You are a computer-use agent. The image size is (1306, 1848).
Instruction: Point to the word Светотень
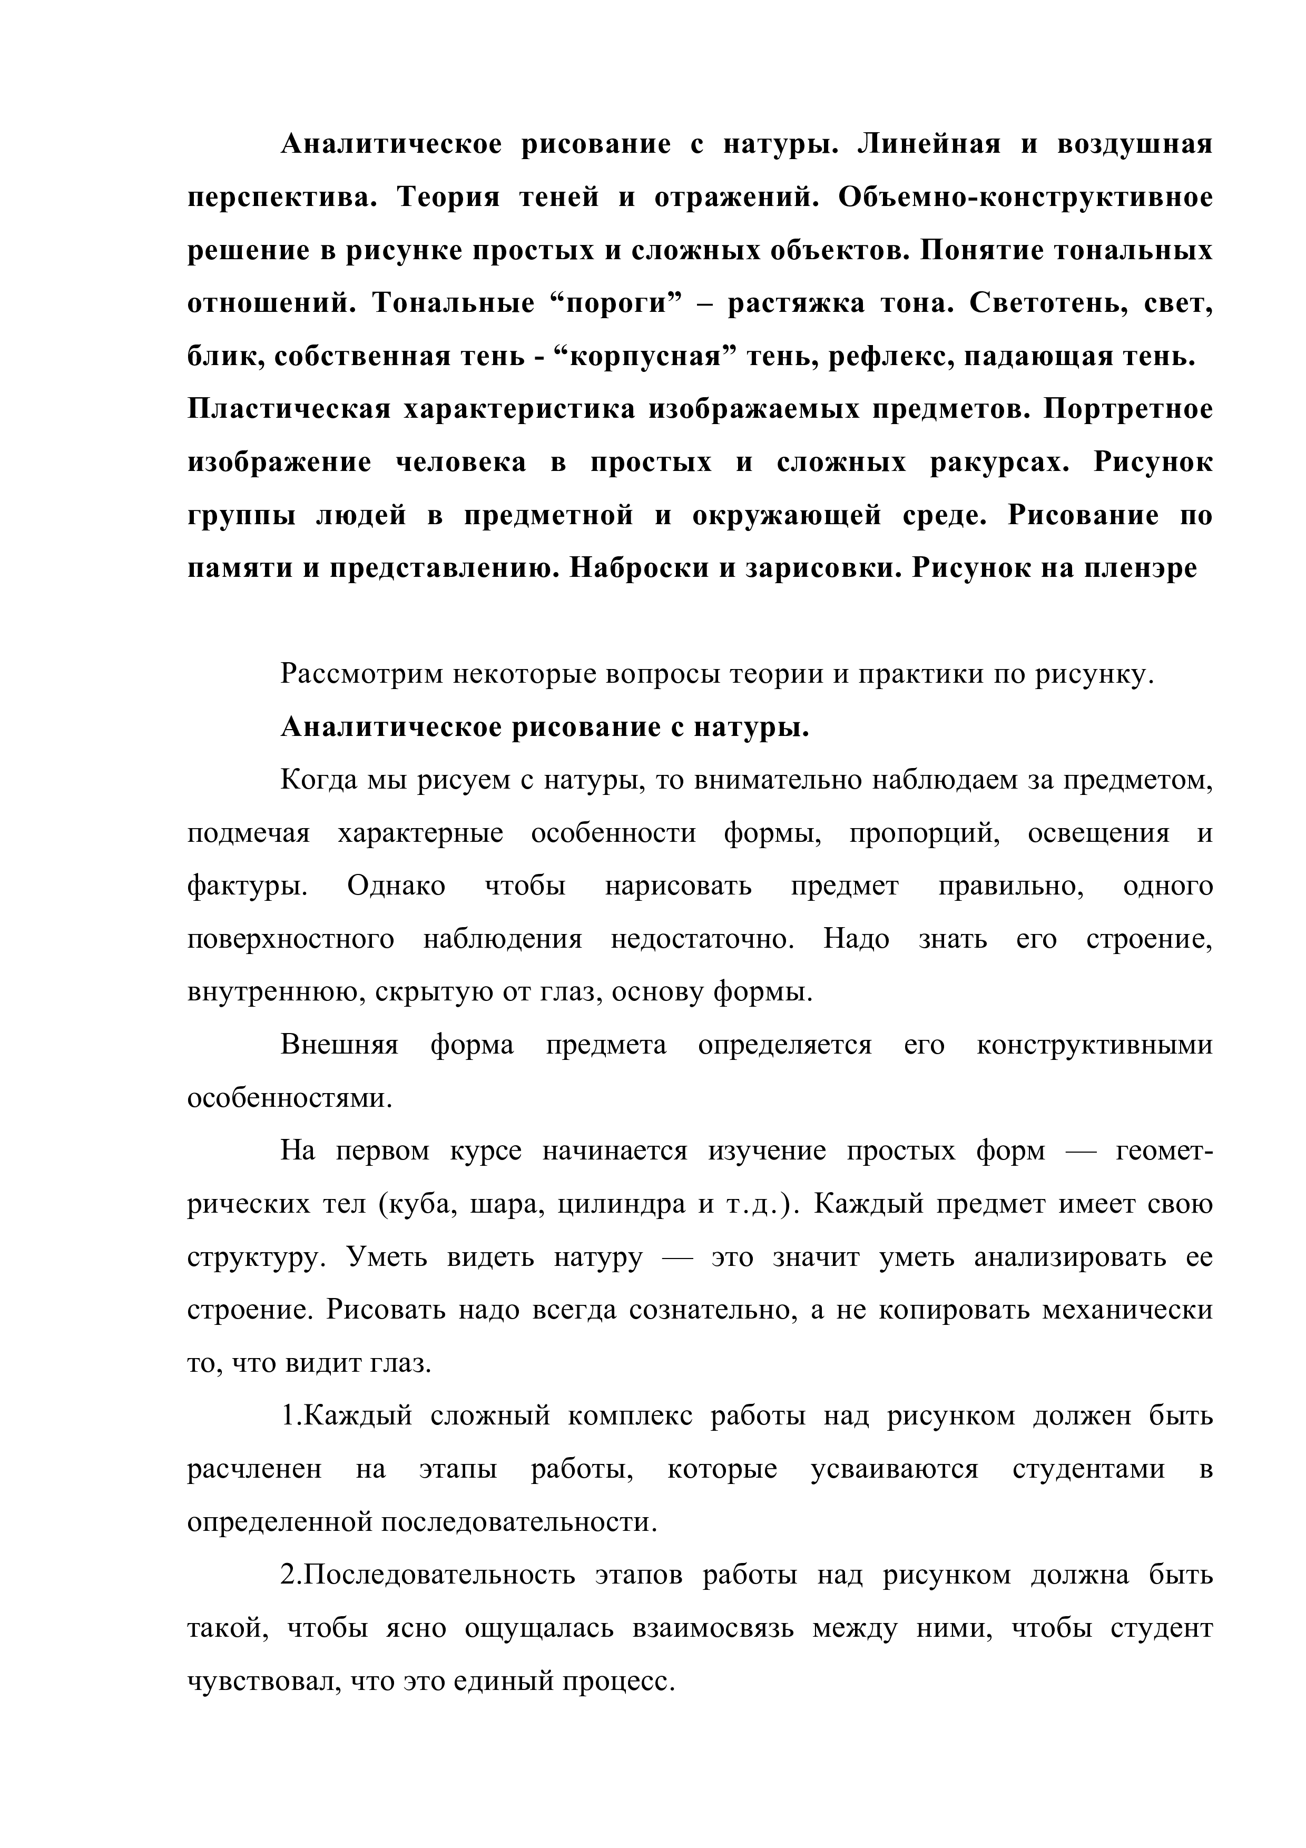click(x=1054, y=303)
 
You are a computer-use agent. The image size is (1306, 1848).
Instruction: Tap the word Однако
click(x=396, y=886)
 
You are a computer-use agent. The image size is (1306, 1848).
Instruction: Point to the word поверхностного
click(x=290, y=939)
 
